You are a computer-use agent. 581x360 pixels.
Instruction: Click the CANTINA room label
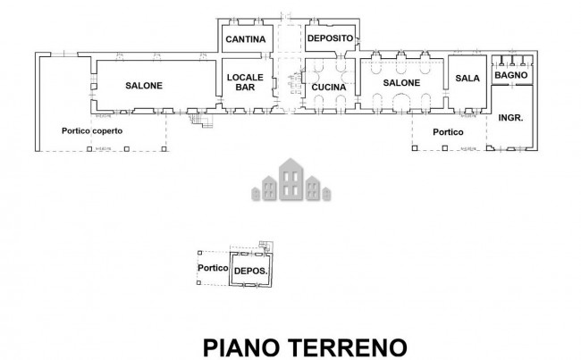click(243, 39)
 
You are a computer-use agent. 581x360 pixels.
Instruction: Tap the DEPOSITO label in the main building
click(330, 39)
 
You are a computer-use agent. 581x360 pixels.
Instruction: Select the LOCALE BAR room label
click(242, 82)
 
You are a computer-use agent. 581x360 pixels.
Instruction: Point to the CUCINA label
click(329, 87)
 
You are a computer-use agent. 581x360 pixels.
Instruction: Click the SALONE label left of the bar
click(143, 86)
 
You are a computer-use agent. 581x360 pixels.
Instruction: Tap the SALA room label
click(467, 79)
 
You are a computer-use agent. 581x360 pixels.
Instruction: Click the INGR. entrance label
click(510, 118)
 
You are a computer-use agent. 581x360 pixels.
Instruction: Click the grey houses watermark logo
click(290, 179)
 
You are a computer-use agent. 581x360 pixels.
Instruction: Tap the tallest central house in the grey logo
click(290, 177)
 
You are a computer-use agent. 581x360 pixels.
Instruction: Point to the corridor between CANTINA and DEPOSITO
click(288, 40)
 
